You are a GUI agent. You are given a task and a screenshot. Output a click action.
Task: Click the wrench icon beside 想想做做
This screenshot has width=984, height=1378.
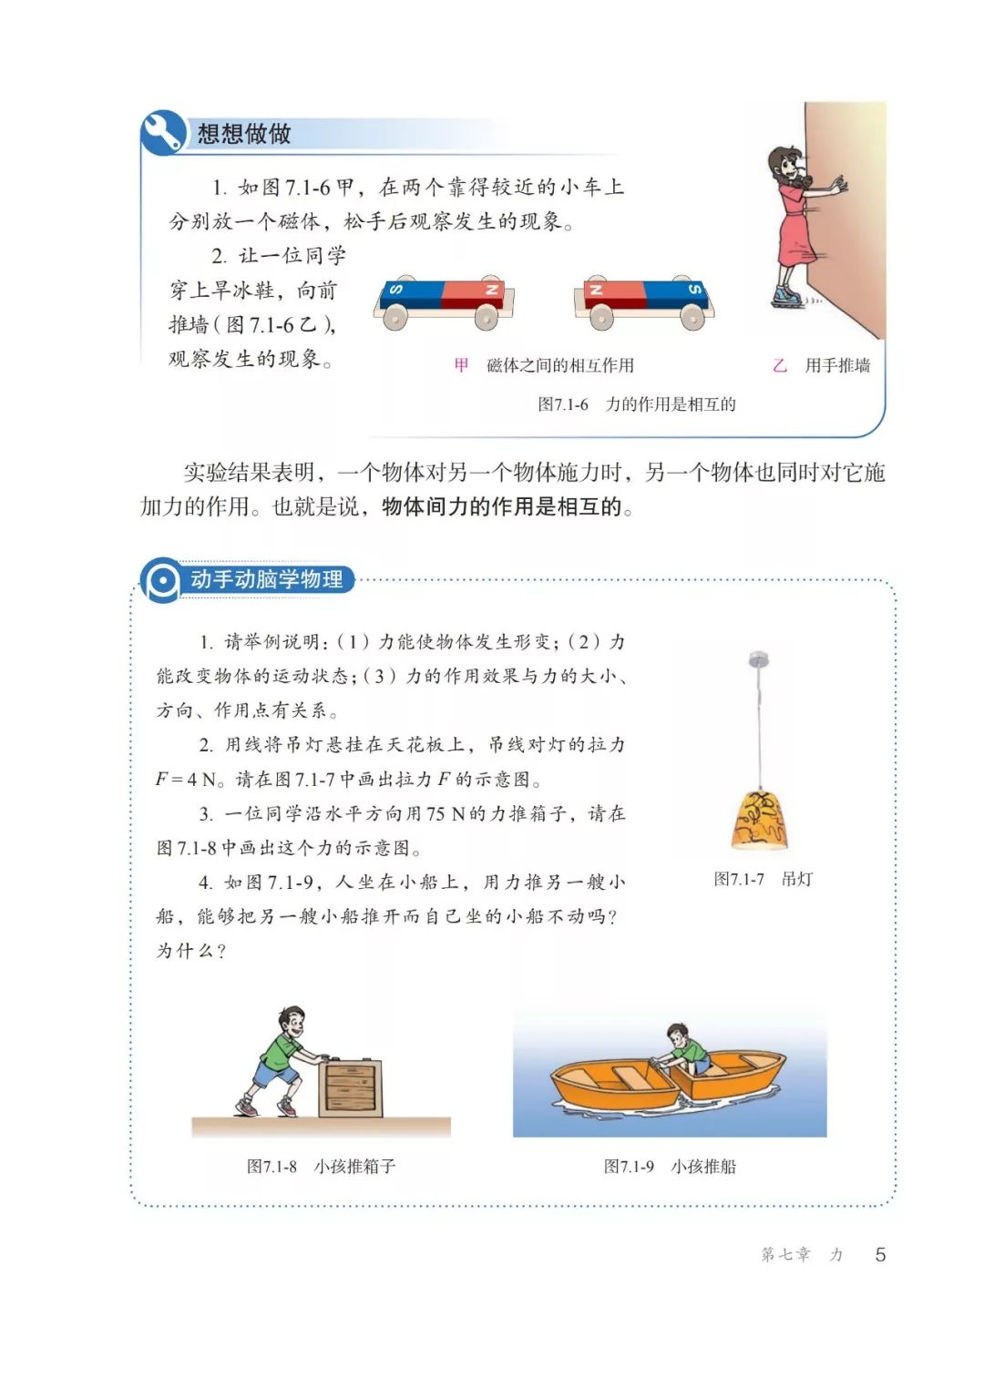click(x=163, y=132)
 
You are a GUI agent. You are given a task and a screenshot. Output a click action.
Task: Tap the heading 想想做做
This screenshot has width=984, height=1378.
click(x=243, y=134)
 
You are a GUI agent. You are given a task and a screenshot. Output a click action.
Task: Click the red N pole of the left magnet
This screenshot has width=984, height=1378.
click(x=473, y=295)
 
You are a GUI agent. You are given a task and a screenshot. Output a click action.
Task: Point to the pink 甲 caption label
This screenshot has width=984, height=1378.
click(x=461, y=365)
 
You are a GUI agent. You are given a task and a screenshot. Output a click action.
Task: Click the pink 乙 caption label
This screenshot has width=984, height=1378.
click(x=779, y=365)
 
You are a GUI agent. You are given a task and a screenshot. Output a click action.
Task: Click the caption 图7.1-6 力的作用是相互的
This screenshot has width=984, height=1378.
click(x=636, y=404)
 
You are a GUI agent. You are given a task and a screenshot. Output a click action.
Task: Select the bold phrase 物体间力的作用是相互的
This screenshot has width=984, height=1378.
click(x=501, y=507)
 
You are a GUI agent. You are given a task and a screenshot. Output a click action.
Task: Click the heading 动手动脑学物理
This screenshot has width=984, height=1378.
click(x=266, y=579)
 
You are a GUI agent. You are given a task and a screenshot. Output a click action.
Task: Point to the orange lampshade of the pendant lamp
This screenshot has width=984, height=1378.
click(x=760, y=820)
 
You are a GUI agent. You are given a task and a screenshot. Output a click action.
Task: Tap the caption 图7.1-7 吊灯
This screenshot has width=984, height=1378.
click(x=764, y=879)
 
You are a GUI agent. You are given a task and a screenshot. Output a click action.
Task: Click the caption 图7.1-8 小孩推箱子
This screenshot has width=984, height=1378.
click(x=321, y=1167)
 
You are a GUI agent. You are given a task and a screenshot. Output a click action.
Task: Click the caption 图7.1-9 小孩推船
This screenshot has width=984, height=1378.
click(x=670, y=1167)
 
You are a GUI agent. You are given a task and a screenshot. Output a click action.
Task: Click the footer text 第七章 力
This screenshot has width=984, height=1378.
click(x=801, y=1254)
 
